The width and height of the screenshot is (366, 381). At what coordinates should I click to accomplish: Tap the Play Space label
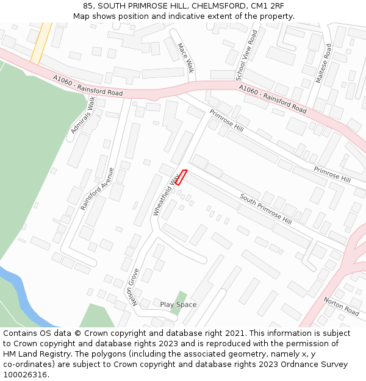pos(178,304)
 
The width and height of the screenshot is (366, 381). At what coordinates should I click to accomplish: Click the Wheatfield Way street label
pos(167,194)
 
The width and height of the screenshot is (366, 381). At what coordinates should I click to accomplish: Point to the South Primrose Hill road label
pos(265,209)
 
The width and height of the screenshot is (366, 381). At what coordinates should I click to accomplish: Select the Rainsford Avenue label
pos(98,189)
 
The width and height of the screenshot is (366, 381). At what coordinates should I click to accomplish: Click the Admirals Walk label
pos(84,114)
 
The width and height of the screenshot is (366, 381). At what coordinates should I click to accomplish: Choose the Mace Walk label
pos(185,58)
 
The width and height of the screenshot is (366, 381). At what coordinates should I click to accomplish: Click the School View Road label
pos(247,55)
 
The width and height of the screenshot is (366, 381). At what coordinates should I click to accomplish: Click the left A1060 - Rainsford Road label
pos(87,85)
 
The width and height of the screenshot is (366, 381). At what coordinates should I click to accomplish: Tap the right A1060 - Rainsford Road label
pos(273,99)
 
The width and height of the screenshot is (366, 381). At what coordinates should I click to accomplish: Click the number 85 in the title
pos(88,5)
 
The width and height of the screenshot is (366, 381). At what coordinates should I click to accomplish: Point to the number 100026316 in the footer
pos(26,374)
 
